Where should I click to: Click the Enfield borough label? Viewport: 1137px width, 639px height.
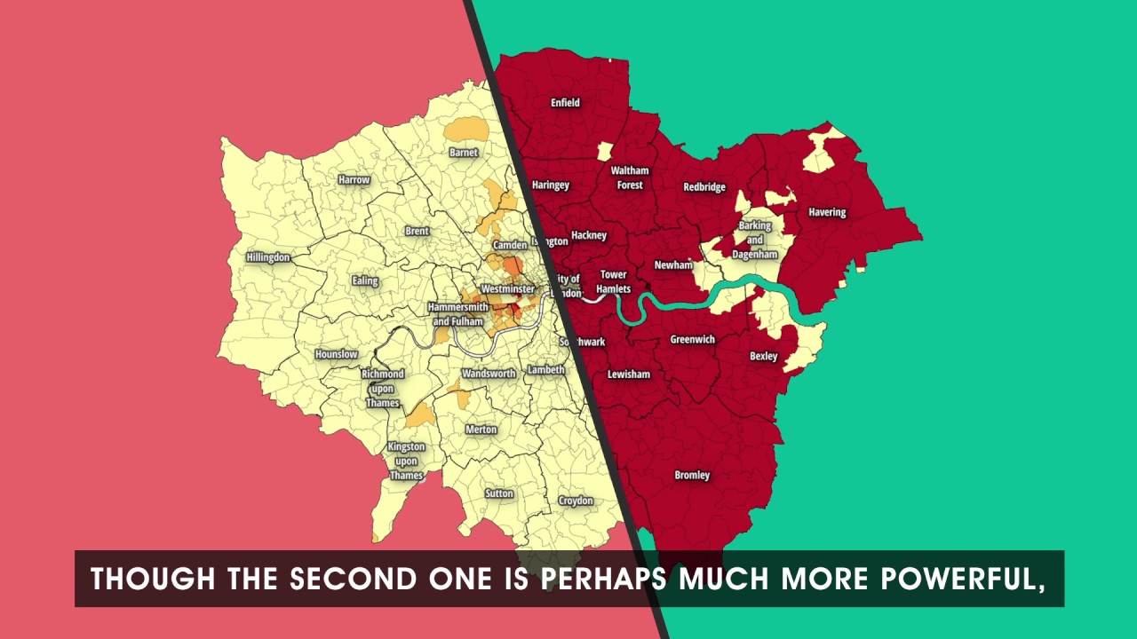tap(565, 103)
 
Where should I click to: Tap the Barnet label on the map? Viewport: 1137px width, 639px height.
tap(464, 153)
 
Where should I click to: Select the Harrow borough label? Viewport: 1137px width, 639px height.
tap(354, 180)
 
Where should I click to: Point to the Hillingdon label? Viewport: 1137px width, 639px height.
tap(268, 257)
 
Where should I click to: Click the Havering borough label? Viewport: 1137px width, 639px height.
tap(827, 213)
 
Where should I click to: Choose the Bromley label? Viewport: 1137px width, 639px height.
tap(692, 476)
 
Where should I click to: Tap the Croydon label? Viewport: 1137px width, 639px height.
tap(576, 501)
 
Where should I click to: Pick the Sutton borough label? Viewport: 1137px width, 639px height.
tap(499, 493)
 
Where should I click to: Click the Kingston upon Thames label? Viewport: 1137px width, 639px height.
tap(406, 461)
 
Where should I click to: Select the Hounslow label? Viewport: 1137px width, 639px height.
tap(337, 355)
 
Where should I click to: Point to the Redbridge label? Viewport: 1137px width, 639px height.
tap(704, 187)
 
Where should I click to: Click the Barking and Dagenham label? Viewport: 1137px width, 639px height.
tap(754, 240)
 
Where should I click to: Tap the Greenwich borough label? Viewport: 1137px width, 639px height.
tap(692, 340)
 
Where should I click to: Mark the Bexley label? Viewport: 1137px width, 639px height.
tap(763, 357)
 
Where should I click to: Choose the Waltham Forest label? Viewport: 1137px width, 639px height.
tap(630, 177)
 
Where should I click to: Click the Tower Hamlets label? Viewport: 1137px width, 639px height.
tap(613, 281)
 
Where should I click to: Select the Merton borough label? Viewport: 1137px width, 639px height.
tap(481, 430)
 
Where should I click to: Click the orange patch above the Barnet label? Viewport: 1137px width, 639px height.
tap(465, 130)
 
